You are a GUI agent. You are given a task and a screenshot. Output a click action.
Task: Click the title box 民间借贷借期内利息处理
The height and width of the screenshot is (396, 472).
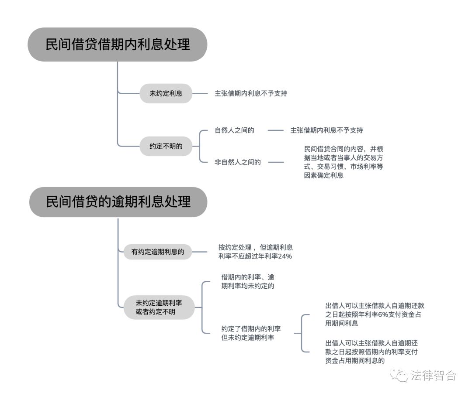(117, 44)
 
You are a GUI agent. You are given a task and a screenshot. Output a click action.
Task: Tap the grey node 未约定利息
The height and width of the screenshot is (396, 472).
(166, 93)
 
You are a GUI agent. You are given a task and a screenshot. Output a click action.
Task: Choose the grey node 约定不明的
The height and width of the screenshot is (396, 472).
(166, 147)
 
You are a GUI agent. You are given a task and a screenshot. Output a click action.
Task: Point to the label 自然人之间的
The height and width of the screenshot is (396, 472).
(234, 130)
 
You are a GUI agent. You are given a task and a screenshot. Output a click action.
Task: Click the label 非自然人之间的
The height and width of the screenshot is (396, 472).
(237, 162)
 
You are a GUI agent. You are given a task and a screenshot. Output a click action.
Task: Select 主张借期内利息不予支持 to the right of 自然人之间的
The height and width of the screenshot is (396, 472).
(326, 130)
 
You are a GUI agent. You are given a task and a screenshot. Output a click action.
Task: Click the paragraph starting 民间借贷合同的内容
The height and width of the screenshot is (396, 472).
(344, 162)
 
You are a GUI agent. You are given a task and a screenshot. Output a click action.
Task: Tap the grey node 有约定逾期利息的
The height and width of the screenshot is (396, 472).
(157, 252)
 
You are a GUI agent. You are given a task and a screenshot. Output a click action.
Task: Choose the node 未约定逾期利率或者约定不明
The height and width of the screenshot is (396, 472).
(159, 307)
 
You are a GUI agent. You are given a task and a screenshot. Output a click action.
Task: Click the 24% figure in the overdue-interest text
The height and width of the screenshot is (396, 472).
(285, 256)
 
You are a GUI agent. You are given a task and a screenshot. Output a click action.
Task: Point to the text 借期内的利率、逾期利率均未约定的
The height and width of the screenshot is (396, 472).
(248, 282)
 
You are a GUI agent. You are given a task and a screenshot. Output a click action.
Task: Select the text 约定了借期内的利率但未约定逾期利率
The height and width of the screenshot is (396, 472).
(251, 333)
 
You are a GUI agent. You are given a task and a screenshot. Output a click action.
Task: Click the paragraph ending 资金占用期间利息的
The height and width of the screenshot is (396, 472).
(371, 352)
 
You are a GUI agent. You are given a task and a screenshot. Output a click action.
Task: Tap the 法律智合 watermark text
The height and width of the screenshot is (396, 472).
(433, 376)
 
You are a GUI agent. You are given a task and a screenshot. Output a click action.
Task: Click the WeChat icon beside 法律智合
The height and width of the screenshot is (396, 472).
(399, 375)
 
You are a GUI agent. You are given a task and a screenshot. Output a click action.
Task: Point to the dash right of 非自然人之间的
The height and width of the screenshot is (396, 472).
(276, 162)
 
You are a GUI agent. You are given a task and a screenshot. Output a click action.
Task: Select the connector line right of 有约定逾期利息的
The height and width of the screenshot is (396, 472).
(200, 252)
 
